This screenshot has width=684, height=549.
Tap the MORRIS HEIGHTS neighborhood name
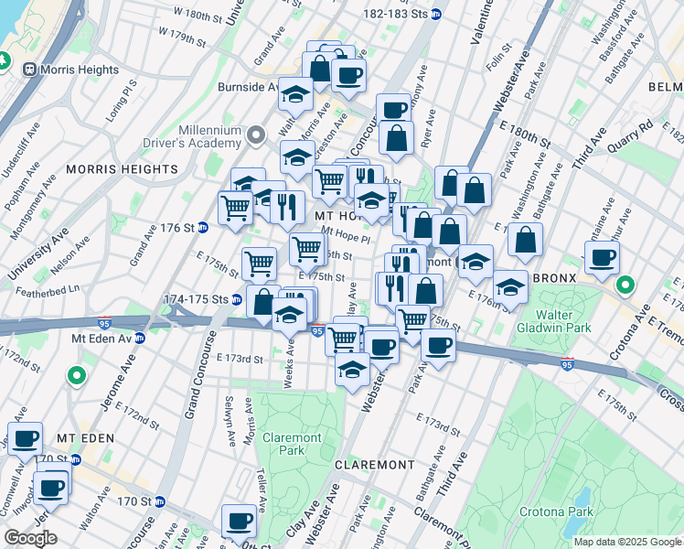[x=122, y=169]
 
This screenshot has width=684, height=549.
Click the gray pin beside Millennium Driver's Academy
[x=258, y=135]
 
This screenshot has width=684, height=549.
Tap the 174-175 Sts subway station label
[x=195, y=299]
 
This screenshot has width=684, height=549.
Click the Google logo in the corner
[x=31, y=537]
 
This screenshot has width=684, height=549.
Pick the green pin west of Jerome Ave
[x=77, y=376]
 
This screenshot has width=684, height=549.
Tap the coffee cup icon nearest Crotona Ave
[x=602, y=259]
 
